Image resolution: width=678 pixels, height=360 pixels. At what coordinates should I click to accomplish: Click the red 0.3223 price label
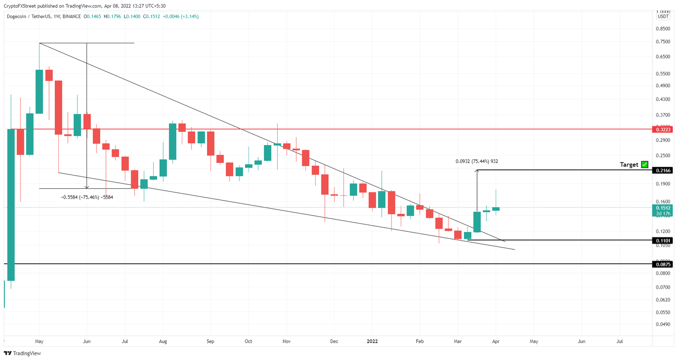pos(663,129)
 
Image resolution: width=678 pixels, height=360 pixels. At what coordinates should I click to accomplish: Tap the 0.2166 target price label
pos(663,170)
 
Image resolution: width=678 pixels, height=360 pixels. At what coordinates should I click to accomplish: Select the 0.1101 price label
pos(663,240)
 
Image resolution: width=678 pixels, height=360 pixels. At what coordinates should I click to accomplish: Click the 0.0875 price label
pos(663,264)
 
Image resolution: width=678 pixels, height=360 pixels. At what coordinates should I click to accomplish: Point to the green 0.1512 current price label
pos(663,208)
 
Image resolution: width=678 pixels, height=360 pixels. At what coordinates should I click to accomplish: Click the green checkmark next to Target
pos(644,165)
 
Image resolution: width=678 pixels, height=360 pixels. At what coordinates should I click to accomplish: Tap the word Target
pos(629,165)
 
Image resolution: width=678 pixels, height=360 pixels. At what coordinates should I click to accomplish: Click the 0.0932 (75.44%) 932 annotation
pos(476,161)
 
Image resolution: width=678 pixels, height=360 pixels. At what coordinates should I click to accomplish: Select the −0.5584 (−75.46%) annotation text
pos(87,197)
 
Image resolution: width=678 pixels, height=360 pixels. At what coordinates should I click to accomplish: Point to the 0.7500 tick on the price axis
pos(663,41)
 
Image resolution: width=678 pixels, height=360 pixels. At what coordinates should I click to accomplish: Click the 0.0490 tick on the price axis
pos(663,324)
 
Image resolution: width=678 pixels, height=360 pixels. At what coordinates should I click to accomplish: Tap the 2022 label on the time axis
pos(372,341)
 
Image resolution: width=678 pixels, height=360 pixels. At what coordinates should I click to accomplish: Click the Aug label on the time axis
pos(163,341)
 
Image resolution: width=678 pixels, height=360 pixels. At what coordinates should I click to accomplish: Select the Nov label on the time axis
pos(286,341)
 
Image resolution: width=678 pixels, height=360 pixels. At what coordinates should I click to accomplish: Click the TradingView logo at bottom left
pos(23,353)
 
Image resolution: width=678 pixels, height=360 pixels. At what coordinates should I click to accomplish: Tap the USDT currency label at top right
pos(663,17)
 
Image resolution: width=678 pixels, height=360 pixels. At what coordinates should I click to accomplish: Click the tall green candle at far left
pos(11,205)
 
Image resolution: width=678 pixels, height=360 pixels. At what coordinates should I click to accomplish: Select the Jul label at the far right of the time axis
pos(619,341)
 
